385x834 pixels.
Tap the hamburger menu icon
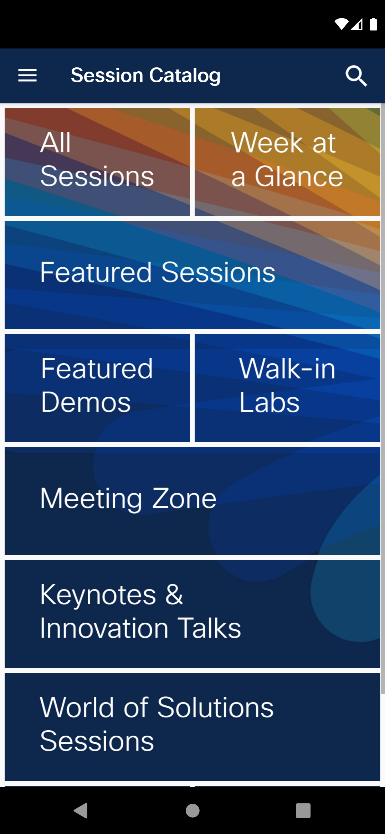point(27,76)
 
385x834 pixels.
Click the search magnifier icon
point(356,76)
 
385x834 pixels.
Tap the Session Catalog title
point(145,76)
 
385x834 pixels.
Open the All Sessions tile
point(97,162)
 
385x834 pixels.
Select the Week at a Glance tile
point(287,162)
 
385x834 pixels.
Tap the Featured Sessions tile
point(192,275)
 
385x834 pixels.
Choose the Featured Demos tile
point(97,388)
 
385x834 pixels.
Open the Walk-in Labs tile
point(287,388)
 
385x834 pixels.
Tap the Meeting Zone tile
point(192,501)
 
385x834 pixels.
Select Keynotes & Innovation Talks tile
point(192,614)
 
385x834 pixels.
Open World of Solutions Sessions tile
point(192,727)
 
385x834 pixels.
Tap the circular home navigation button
point(192,810)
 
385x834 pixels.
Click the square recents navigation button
point(303,810)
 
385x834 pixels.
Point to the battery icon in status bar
point(373,24)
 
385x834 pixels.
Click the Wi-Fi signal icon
point(341,24)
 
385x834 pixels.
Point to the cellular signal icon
point(357,24)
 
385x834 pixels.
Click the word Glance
point(299,176)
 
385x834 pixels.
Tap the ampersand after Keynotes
point(174,594)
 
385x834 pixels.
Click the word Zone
point(184,498)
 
